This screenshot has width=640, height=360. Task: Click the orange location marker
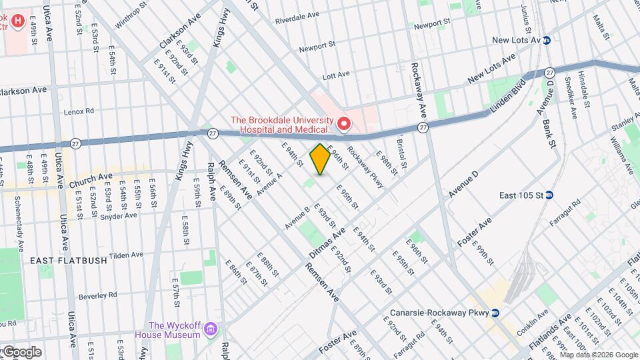[x=320, y=159]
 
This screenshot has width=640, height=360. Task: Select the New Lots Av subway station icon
[x=546, y=40]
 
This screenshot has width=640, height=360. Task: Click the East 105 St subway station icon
[x=551, y=195]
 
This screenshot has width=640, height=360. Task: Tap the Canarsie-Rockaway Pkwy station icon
[x=495, y=313]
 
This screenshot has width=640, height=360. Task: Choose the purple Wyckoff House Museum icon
[x=211, y=329]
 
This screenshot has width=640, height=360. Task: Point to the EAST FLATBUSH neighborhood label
[x=69, y=261]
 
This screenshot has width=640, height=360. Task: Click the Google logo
[x=21, y=351]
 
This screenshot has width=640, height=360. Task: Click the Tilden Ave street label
[x=126, y=255]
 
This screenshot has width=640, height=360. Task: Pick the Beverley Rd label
[x=99, y=295]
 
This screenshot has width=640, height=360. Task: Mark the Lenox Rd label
[x=79, y=111]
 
